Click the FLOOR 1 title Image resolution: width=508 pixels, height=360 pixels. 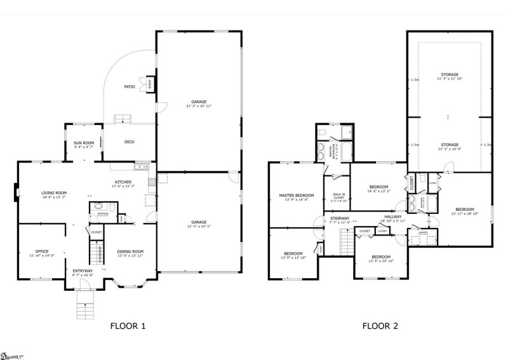[128, 327]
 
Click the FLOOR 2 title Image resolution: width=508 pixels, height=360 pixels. [380, 327]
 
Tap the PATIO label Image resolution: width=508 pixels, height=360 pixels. [129, 87]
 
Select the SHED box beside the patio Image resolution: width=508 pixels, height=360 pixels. [150, 84]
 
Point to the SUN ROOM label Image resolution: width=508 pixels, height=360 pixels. [84, 143]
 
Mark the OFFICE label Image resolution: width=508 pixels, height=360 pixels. [43, 251]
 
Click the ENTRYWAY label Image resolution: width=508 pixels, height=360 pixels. [83, 270]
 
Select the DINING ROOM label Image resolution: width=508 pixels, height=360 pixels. [130, 251]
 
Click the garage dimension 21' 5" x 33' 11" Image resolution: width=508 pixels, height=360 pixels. [199, 107]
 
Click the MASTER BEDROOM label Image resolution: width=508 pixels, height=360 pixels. [297, 195]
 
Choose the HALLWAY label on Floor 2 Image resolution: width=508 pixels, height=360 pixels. [391, 217]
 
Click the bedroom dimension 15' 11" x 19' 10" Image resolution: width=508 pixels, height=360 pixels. [464, 214]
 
